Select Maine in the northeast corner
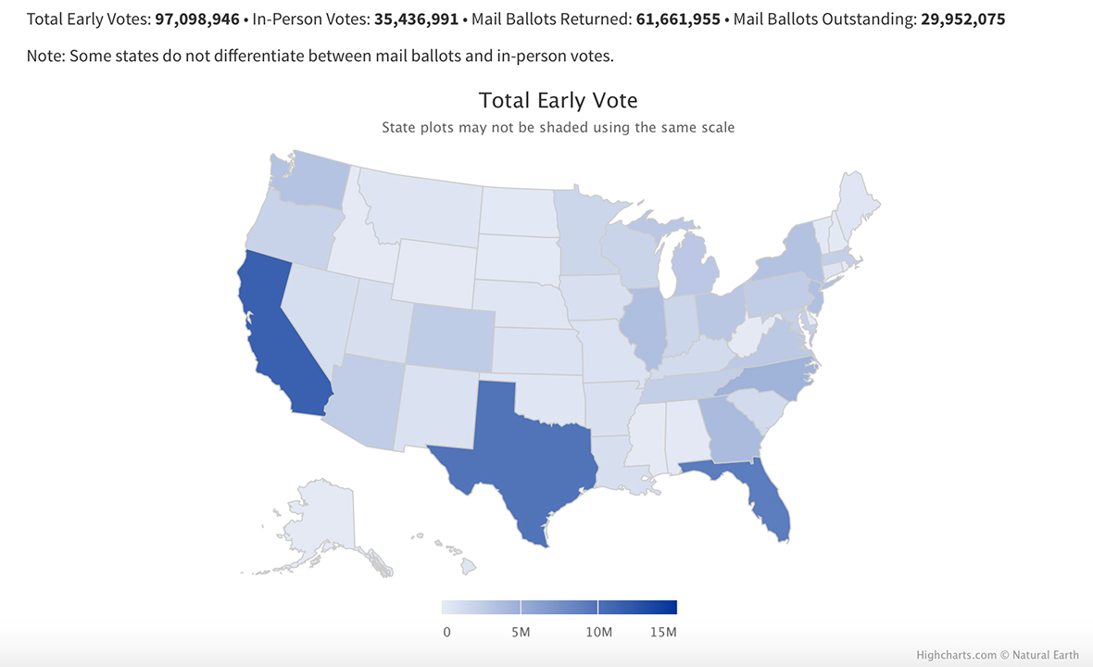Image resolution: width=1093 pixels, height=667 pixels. (x=858, y=199)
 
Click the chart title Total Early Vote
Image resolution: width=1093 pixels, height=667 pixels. (x=558, y=100)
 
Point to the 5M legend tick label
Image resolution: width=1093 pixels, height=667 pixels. (x=521, y=632)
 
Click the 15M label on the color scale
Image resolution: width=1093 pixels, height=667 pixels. (x=664, y=632)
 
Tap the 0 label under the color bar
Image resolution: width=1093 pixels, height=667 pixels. (x=447, y=632)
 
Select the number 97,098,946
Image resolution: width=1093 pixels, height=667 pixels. (x=197, y=19)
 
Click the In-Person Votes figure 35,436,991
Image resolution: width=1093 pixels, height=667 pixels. (x=417, y=19)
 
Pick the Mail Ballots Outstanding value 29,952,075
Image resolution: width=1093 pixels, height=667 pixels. (x=963, y=19)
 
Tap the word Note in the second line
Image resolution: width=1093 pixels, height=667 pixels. (x=44, y=56)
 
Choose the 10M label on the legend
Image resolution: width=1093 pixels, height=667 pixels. (x=598, y=632)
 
